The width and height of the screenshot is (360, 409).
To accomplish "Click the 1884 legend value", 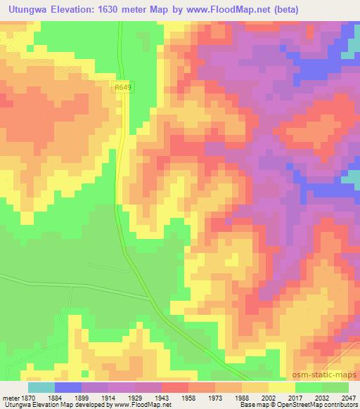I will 67,397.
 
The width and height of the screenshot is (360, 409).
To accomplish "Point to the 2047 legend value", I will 349,397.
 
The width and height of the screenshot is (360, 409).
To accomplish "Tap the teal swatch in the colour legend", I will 41,387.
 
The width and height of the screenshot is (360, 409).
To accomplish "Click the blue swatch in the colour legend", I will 67,387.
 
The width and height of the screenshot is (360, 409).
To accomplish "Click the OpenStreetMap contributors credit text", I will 323,405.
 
